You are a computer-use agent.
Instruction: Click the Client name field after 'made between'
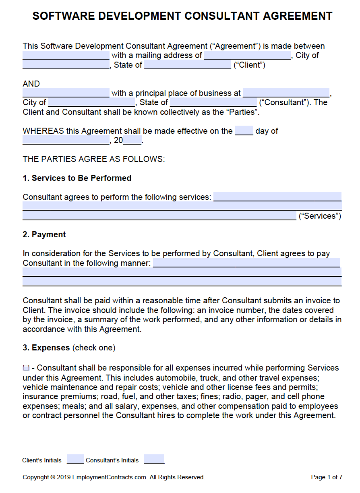[66, 55]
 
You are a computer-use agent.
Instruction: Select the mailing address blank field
[247, 55]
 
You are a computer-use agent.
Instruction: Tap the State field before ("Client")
[187, 65]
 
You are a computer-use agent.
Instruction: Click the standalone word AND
[31, 84]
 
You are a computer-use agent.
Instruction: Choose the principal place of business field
[286, 93]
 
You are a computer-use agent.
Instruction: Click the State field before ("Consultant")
[213, 102]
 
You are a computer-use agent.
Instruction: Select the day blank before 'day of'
[244, 131]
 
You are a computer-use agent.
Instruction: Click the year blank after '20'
[132, 141]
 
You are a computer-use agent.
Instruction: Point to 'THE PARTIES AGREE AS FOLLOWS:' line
[94, 159]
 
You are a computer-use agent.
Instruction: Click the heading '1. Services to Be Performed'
[77, 178]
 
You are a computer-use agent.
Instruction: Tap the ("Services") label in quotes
[320, 216]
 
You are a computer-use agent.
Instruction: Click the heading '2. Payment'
[44, 234]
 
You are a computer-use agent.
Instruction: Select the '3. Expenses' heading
[46, 348]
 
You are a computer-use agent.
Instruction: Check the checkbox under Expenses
[26, 368]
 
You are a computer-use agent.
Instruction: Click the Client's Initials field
[75, 460]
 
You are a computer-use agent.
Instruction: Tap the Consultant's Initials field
[154, 460]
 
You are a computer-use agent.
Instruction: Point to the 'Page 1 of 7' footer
[327, 477]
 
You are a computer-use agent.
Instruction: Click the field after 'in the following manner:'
[246, 263]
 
